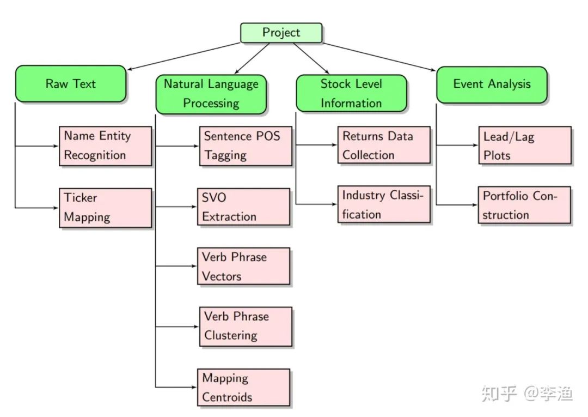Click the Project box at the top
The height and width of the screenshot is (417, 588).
(281, 33)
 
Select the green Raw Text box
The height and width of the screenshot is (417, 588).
(70, 84)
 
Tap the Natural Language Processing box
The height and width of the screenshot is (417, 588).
(211, 93)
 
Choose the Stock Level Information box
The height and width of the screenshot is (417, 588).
(351, 93)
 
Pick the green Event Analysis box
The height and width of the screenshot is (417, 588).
(492, 84)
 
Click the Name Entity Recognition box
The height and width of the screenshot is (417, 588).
(105, 146)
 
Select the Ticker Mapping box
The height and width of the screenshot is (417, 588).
(105, 208)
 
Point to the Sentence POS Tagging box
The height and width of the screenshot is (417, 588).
(246, 146)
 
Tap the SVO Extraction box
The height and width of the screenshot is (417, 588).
(243, 207)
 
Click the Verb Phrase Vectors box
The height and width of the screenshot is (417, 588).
(243, 267)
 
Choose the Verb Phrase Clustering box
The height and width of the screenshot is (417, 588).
(246, 326)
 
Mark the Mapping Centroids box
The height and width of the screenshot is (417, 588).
(243, 387)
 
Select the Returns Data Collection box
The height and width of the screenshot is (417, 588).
(384, 145)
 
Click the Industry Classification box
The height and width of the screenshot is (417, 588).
(384, 204)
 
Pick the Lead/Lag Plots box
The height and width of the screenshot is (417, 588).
(525, 145)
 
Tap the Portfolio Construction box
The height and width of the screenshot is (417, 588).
(525, 204)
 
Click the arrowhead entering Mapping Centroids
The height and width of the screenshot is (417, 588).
(194, 387)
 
